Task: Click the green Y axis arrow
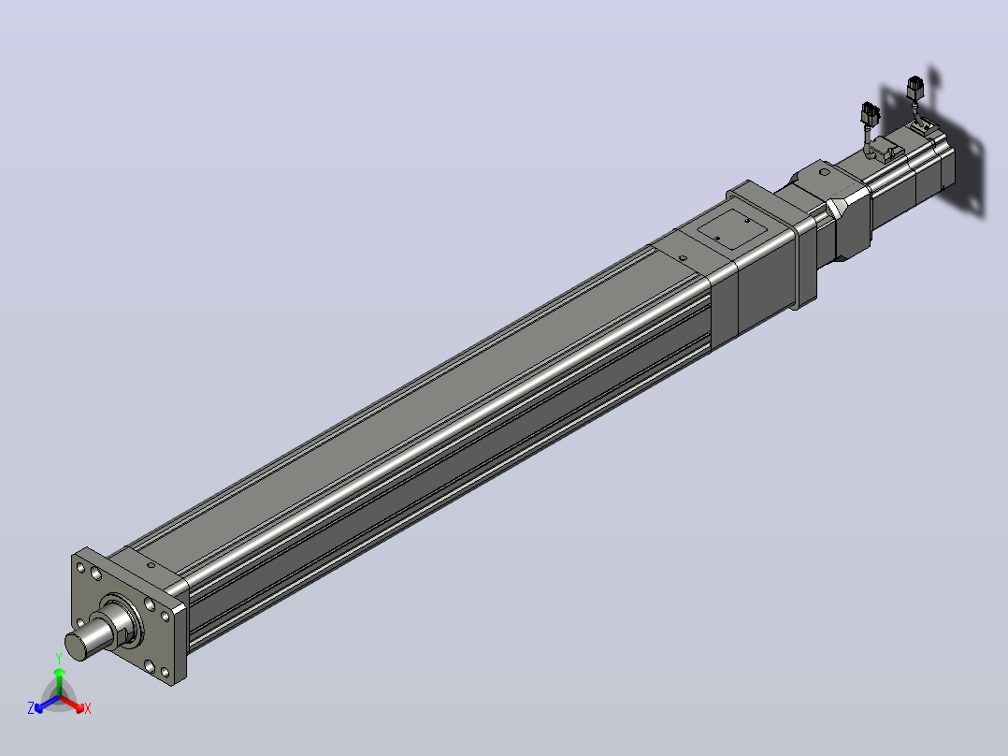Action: [59, 682]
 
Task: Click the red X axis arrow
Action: [71, 704]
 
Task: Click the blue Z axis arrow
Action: [47, 704]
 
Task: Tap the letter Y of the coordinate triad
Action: [59, 659]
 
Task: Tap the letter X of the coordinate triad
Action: [88, 708]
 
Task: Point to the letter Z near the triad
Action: [31, 708]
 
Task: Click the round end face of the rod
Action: [75, 646]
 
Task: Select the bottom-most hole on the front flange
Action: [166, 673]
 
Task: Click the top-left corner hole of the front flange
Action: [80, 568]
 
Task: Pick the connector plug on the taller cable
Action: [914, 87]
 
